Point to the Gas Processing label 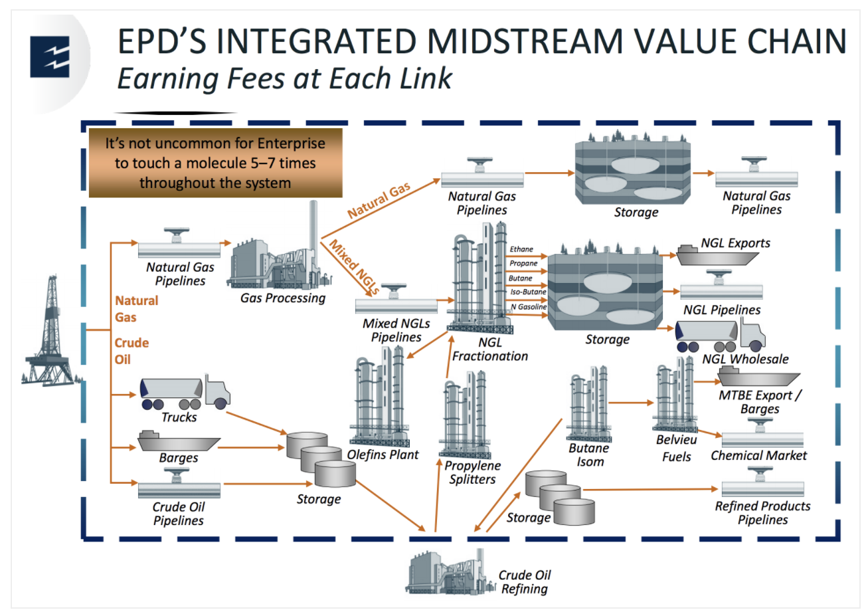[283, 298]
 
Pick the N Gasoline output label [528, 307]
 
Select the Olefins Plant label [383, 455]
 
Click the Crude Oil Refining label [525, 582]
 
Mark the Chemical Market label [758, 456]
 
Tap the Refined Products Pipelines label [762, 513]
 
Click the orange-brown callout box [215, 163]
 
